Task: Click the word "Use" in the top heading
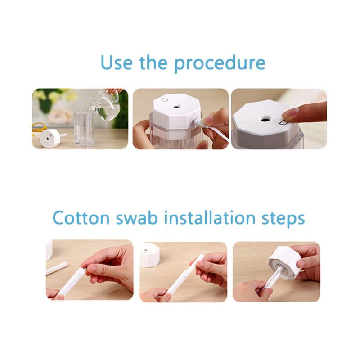(117, 63)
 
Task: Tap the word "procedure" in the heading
(220, 64)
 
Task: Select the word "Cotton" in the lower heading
(81, 218)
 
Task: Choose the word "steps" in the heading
(283, 219)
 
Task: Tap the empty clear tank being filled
(84, 129)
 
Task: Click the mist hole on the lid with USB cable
(176, 107)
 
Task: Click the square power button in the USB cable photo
(164, 99)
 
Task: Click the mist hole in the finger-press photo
(265, 119)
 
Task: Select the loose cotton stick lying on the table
(57, 268)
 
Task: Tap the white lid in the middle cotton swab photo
(150, 255)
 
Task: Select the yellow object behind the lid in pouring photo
(39, 127)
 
